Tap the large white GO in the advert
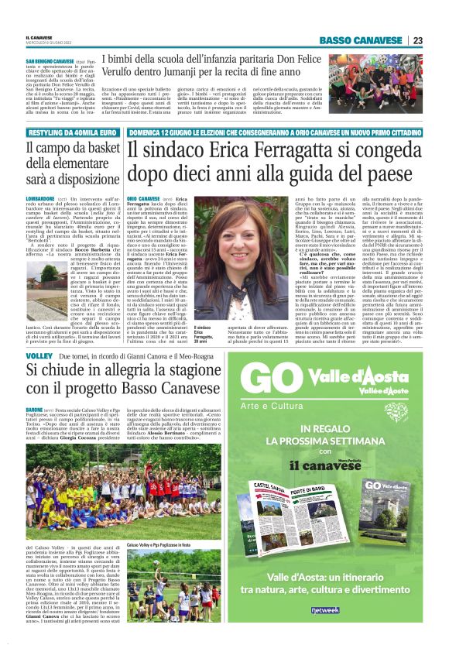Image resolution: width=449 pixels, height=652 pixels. tap(272, 384)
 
